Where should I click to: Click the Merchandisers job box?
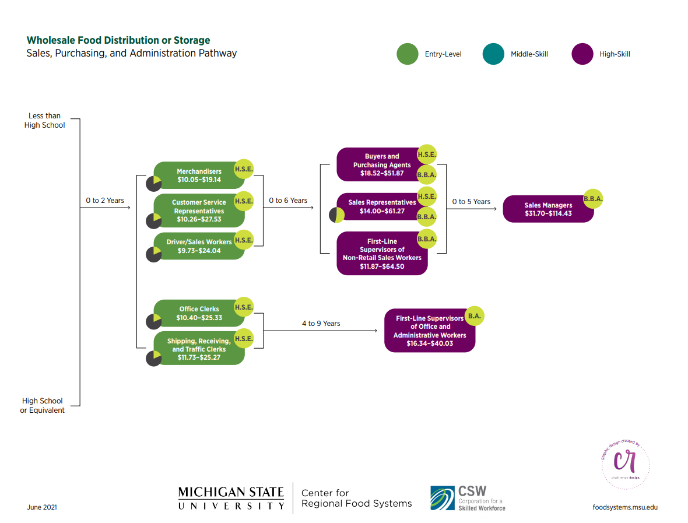tap(199, 175)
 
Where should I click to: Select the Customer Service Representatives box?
tap(199, 210)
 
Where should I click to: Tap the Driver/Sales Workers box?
tap(199, 246)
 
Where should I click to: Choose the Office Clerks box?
tap(199, 313)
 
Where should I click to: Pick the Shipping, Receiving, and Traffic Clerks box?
tap(199, 349)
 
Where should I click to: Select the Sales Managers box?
tap(548, 209)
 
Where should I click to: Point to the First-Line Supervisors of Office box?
tap(430, 331)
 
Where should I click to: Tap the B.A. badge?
tap(475, 316)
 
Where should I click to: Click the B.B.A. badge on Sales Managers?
tap(593, 199)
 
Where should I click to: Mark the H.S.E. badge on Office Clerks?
tap(244, 307)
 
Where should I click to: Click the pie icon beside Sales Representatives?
tap(336, 215)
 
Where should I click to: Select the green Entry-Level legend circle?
tap(408, 54)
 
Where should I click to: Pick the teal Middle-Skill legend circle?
tap(493, 54)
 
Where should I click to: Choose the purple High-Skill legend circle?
tap(582, 54)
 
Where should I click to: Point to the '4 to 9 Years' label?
tap(321, 324)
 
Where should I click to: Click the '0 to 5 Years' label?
tap(471, 201)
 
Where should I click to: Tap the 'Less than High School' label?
tap(44, 120)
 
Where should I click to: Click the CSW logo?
tap(468, 498)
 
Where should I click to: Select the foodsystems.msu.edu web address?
tap(625, 507)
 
